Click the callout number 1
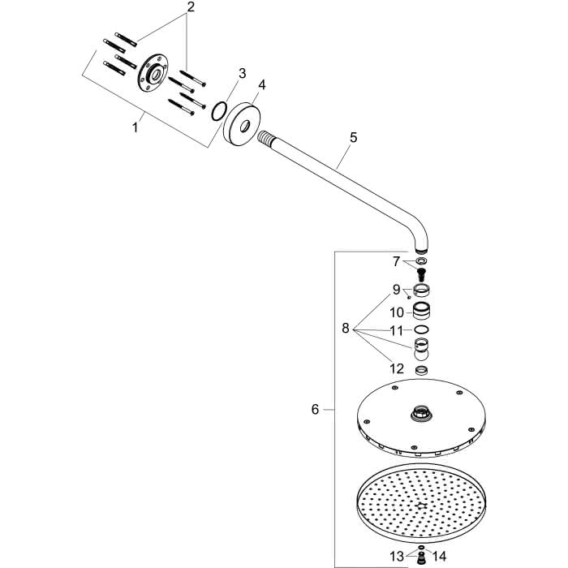(x=135, y=127)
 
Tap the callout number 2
(x=191, y=6)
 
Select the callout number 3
(x=242, y=73)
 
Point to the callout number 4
(x=261, y=84)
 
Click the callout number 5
(x=353, y=137)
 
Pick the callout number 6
(x=315, y=409)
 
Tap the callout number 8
(x=346, y=328)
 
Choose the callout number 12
(x=397, y=368)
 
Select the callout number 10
(x=397, y=312)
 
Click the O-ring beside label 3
(x=219, y=111)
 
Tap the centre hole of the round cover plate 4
(x=244, y=127)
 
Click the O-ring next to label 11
(x=421, y=329)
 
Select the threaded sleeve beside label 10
(x=421, y=311)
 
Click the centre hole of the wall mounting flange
(x=156, y=75)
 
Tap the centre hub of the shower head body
(x=421, y=413)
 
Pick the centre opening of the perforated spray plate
(x=420, y=506)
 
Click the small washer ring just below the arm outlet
(x=421, y=260)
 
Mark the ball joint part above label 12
(x=421, y=349)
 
